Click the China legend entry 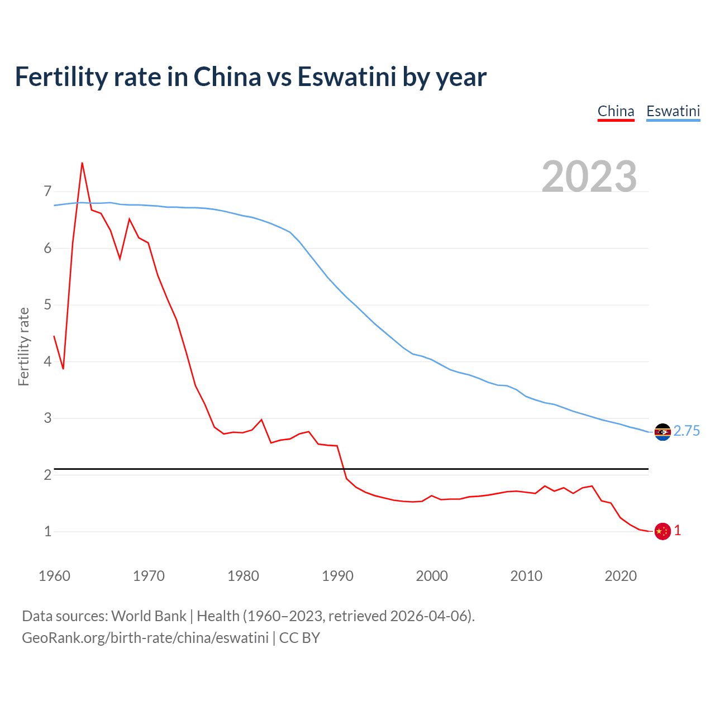click(x=616, y=111)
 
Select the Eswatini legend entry click(x=673, y=111)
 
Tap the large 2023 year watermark click(x=589, y=176)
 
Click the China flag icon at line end click(x=662, y=531)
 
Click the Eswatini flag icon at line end click(x=662, y=432)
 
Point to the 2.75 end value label click(x=687, y=431)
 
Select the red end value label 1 click(x=678, y=531)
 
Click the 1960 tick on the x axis click(x=54, y=576)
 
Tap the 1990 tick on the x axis click(x=337, y=576)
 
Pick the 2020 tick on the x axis click(x=621, y=576)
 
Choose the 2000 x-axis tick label click(x=432, y=576)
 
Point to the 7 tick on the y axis click(x=47, y=192)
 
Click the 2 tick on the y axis click(x=47, y=475)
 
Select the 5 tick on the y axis click(x=47, y=305)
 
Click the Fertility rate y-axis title click(x=23, y=346)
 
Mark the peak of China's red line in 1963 click(x=82, y=163)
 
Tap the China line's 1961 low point click(x=63, y=369)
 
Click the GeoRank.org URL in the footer click(x=145, y=637)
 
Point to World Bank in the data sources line click(x=149, y=616)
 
